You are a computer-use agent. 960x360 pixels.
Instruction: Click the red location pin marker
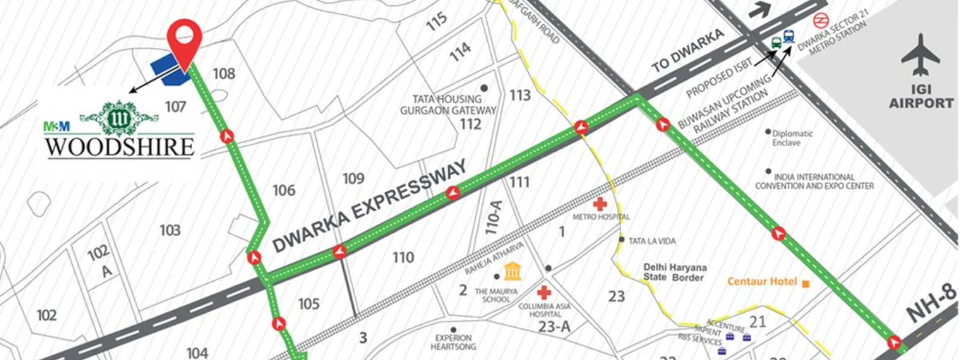coord(184,37)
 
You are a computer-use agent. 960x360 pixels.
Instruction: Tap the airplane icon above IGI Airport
coord(920,55)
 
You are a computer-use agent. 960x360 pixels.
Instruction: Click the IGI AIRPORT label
coord(921,97)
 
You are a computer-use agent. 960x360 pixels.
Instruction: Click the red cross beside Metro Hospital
coord(599,203)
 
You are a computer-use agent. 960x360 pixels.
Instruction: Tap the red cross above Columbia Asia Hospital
coord(544,293)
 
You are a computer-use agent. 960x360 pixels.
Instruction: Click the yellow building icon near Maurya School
coord(512,271)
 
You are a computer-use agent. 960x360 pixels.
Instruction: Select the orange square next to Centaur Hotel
coord(805,283)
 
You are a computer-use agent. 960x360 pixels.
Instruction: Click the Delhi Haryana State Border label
coord(674,272)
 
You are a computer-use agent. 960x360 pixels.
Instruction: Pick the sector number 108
coord(224,74)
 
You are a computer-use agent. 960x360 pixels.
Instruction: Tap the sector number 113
coord(520,95)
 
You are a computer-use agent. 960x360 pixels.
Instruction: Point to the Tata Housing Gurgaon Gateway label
coord(448,104)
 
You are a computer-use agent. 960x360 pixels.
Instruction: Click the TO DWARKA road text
coord(688,52)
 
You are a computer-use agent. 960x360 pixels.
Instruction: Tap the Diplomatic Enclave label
coord(791,138)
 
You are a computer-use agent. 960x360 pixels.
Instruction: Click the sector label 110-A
coord(493,217)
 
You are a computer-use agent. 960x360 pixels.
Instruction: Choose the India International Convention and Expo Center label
coord(814,181)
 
